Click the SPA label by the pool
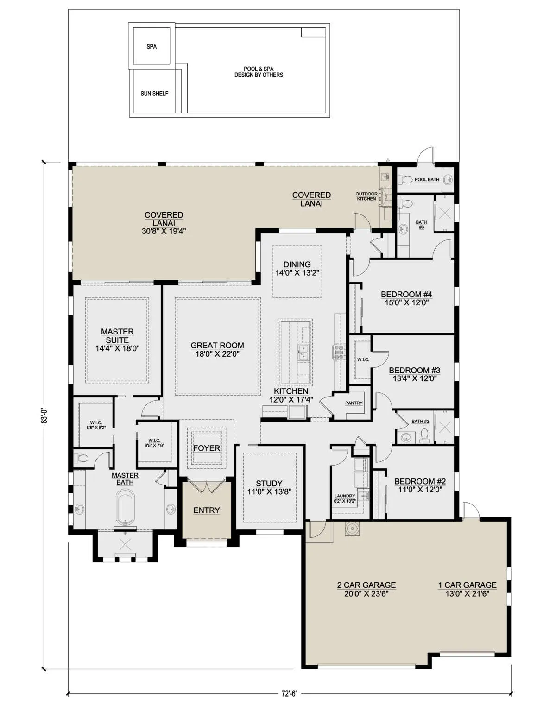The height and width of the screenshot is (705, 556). coord(152,46)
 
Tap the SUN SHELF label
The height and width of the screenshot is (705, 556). coord(154,94)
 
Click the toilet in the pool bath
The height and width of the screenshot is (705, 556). coord(405,180)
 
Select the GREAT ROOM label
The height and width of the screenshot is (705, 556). coord(217,345)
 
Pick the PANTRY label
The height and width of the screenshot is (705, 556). coord(354,403)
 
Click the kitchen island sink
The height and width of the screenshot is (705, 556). coord(303,352)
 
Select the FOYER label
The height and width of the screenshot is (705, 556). coord(206,448)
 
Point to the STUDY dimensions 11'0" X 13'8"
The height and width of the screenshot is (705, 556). coord(269,491)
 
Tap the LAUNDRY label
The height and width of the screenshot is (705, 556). coord(345,496)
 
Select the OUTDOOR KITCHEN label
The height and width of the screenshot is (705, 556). coord(366,196)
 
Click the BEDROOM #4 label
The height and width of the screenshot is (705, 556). coord(406,294)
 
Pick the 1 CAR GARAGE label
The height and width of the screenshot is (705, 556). coord(468,585)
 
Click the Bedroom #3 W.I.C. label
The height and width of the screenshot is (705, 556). coord(363,360)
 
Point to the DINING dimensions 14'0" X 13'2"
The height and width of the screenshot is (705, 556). coord(297,272)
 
